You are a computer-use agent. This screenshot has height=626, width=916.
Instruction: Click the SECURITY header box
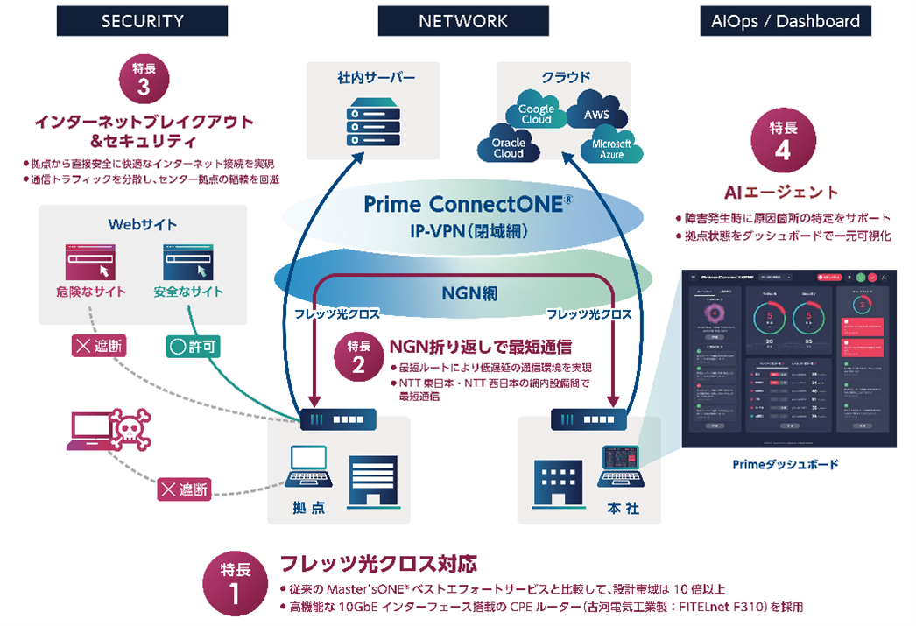click(x=142, y=21)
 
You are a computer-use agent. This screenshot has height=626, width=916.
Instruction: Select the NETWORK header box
click(x=463, y=21)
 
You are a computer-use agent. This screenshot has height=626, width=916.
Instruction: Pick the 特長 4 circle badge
click(x=782, y=140)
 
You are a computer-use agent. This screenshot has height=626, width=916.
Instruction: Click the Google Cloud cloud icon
click(x=536, y=115)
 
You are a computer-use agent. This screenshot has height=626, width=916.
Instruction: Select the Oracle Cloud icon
click(x=507, y=147)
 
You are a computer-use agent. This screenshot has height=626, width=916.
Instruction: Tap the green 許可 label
click(x=192, y=347)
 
